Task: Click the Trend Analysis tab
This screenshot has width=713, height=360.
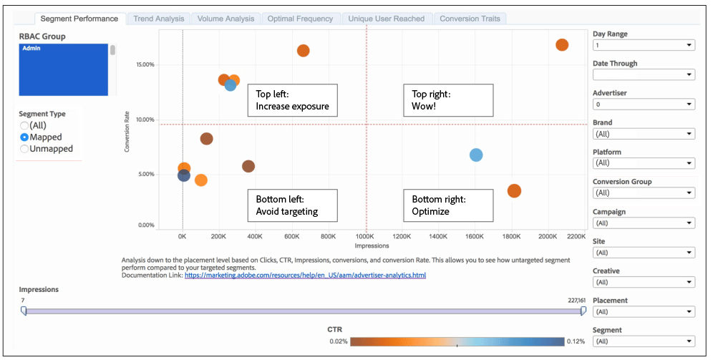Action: click(158, 19)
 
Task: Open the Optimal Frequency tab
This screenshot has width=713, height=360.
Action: click(300, 19)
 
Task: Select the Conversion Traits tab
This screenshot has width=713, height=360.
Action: click(470, 19)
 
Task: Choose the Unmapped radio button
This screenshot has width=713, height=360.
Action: click(24, 149)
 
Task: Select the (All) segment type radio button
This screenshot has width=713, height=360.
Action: click(24, 125)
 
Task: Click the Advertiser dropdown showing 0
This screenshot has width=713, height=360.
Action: click(644, 104)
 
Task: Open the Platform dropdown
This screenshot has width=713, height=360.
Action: click(644, 163)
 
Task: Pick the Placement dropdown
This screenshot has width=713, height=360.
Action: click(644, 311)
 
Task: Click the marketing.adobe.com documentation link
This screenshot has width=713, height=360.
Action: click(305, 275)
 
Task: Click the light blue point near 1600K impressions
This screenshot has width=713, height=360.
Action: click(476, 155)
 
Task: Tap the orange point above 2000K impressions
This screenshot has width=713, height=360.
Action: click(562, 45)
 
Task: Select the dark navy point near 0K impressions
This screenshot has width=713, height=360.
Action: click(184, 176)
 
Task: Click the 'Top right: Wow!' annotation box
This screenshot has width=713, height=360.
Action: click(448, 100)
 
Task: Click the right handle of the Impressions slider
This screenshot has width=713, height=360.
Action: click(583, 311)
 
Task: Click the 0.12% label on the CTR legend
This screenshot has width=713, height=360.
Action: click(576, 341)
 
